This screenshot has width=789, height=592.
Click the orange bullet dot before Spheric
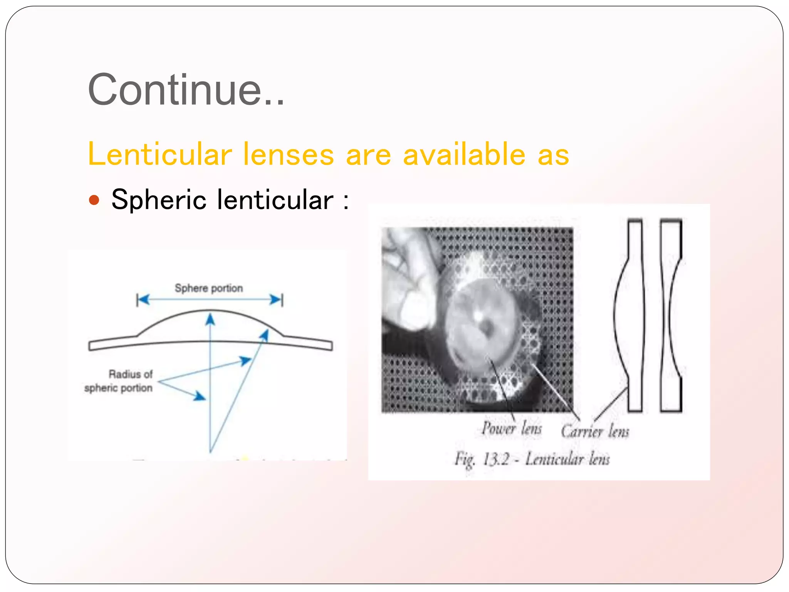[x=94, y=200]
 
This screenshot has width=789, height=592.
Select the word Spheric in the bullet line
[x=159, y=200]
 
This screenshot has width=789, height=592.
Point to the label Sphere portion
[x=209, y=288]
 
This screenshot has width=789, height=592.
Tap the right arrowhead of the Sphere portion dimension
[x=276, y=299]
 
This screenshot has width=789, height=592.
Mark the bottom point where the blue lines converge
[x=210, y=451]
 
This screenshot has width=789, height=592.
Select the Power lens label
[x=512, y=429]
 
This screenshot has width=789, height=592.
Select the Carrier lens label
[x=595, y=431]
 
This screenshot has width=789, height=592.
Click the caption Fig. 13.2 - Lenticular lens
[x=532, y=459]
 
